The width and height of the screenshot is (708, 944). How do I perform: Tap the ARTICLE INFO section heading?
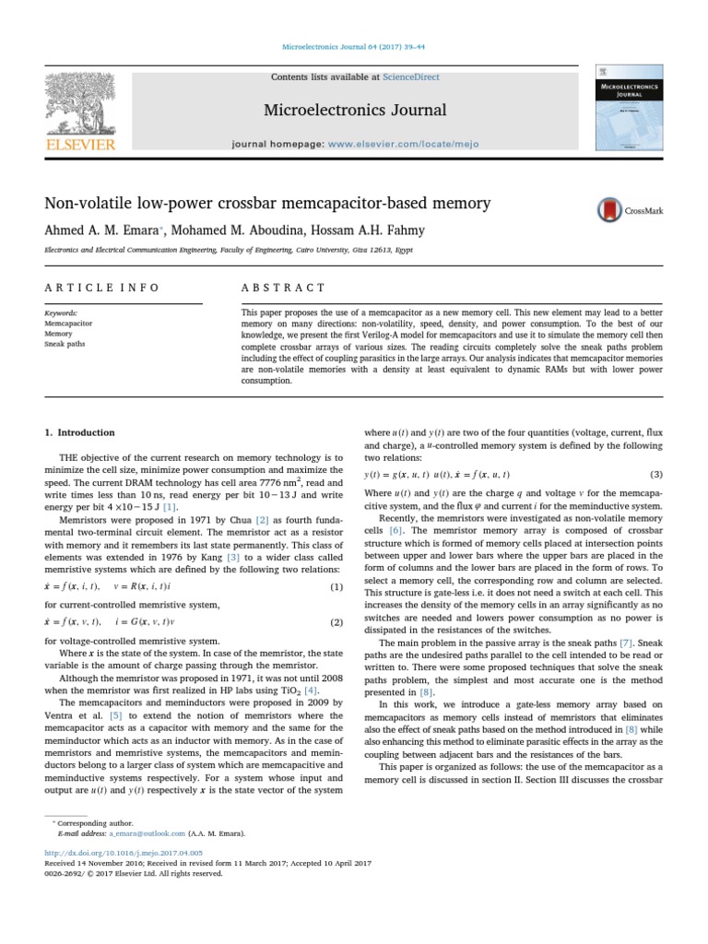click(x=102, y=288)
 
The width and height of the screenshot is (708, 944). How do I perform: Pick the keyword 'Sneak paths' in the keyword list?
click(x=65, y=346)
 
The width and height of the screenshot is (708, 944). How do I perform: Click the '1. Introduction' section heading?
click(x=80, y=432)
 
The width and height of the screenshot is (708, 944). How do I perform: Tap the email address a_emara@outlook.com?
click(x=147, y=832)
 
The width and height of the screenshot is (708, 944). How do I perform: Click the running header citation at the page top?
click(x=354, y=49)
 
